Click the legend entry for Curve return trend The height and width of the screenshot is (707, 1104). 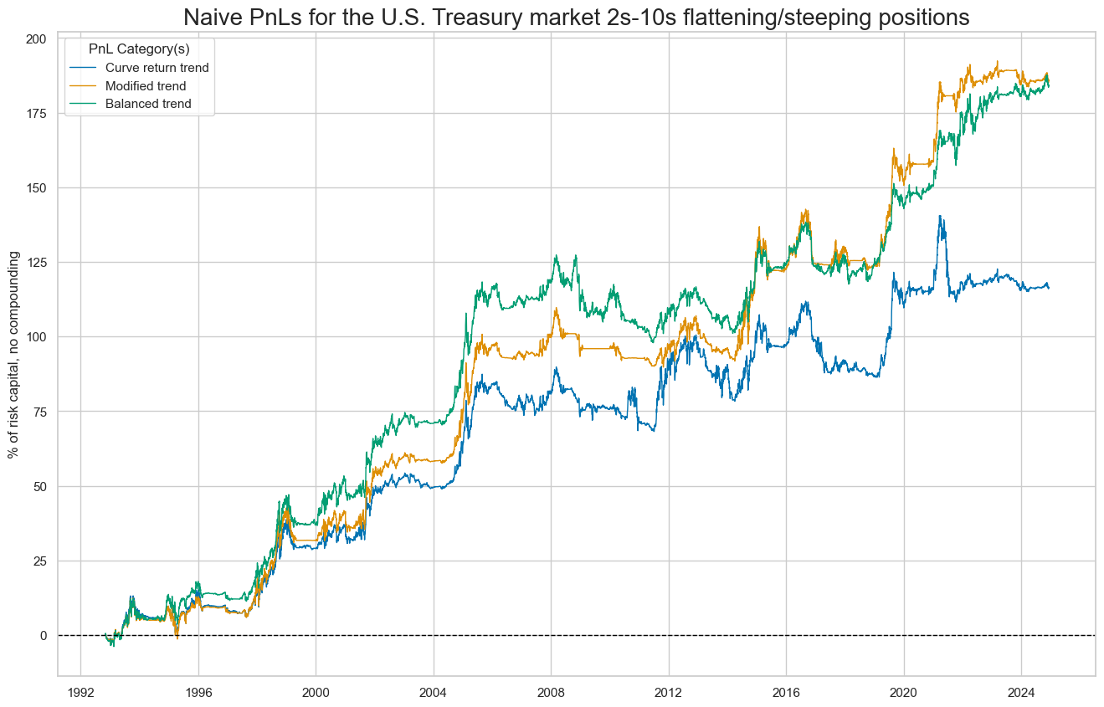point(163,68)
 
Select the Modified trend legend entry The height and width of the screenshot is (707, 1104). point(151,85)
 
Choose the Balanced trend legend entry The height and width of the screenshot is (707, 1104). point(153,104)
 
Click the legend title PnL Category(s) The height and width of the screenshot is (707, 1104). point(139,49)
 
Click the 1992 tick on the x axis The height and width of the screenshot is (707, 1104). point(80,692)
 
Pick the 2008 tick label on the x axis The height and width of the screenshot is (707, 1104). point(551,692)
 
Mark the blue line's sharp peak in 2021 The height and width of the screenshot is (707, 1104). point(940,216)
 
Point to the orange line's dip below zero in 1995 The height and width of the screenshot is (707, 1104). point(177,638)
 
